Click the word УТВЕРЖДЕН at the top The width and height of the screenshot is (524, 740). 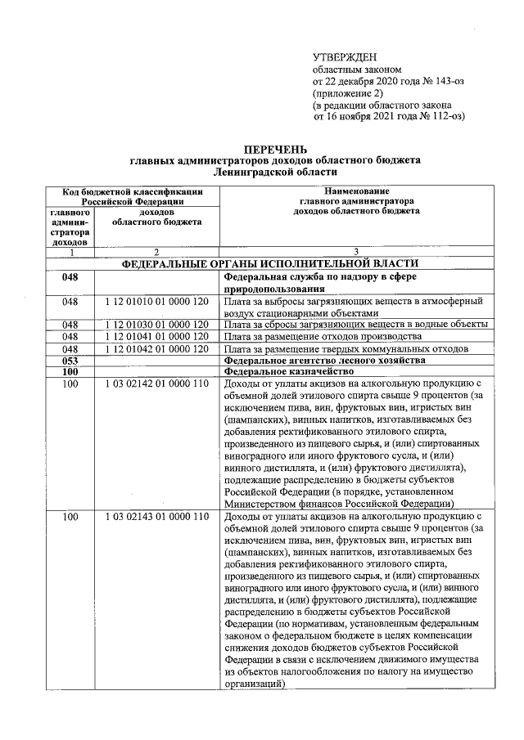click(x=345, y=56)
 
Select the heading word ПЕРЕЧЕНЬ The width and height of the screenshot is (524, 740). click(x=274, y=150)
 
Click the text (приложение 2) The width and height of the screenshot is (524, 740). click(x=349, y=93)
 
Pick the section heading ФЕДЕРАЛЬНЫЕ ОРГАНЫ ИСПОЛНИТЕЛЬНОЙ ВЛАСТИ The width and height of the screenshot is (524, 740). click(x=270, y=263)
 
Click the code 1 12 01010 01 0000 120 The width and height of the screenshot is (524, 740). click(x=157, y=302)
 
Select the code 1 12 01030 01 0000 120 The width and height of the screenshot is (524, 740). click(x=157, y=325)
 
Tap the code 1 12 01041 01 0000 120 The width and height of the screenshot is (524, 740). click(x=157, y=336)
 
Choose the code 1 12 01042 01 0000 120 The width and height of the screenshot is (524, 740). click(x=157, y=348)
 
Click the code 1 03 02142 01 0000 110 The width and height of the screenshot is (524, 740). click(x=157, y=383)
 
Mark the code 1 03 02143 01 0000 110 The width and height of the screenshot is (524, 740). click(x=157, y=518)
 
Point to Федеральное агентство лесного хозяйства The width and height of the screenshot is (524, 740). click(x=324, y=360)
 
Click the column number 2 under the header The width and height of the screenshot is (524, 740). click(x=156, y=252)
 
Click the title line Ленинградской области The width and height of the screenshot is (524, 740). click(x=274, y=173)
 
